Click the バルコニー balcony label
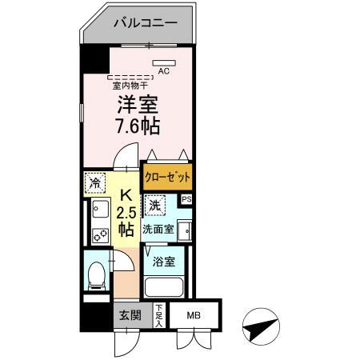coord(146,23)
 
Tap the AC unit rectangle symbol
coord(164,63)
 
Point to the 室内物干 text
coord(130,86)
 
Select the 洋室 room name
coord(138,104)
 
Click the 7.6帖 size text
coord(138,126)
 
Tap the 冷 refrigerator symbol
coord(95,182)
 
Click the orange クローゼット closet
coord(167,177)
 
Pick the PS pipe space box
coord(186,199)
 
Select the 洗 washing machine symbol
coord(155,206)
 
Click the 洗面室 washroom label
coord(158,229)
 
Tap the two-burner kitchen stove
coord(101,236)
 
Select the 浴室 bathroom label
coord(164,262)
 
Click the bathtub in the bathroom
coord(164,287)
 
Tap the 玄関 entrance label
coord(130,316)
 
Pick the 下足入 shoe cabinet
coord(159,316)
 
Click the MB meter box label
coord(194,316)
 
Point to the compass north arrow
coord(261,326)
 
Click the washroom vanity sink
coord(185,230)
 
